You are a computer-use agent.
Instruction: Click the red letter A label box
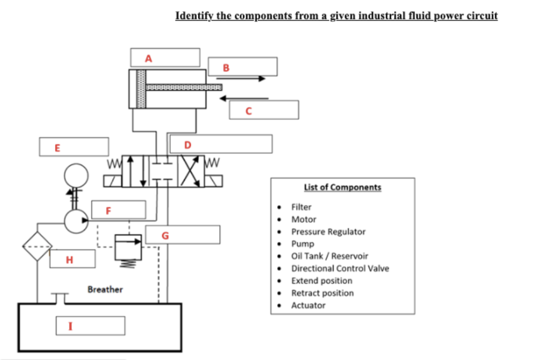pyautogui.click(x=165, y=58)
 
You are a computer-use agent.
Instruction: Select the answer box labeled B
pyautogui.click(x=243, y=67)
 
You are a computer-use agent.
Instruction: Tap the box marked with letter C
pyautogui.click(x=264, y=110)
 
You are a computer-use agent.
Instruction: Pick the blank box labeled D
pyautogui.click(x=221, y=144)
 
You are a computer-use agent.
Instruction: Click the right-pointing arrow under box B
pyautogui.click(x=241, y=79)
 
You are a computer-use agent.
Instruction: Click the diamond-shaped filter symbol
pyautogui.click(x=38, y=246)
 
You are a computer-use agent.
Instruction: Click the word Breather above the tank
pyautogui.click(x=105, y=290)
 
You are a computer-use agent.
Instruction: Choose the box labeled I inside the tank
pyautogui.click(x=91, y=325)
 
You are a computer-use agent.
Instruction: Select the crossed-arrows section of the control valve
pyautogui.click(x=191, y=172)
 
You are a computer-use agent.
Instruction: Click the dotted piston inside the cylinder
pyautogui.click(x=141, y=88)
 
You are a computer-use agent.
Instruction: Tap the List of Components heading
pyautogui.click(x=342, y=187)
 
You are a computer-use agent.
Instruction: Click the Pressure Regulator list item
pyautogui.click(x=328, y=231)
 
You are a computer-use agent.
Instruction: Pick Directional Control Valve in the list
pyautogui.click(x=340, y=268)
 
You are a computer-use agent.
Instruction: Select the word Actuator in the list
pyautogui.click(x=308, y=305)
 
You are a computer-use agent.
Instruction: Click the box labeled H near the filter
pyautogui.click(x=73, y=259)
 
